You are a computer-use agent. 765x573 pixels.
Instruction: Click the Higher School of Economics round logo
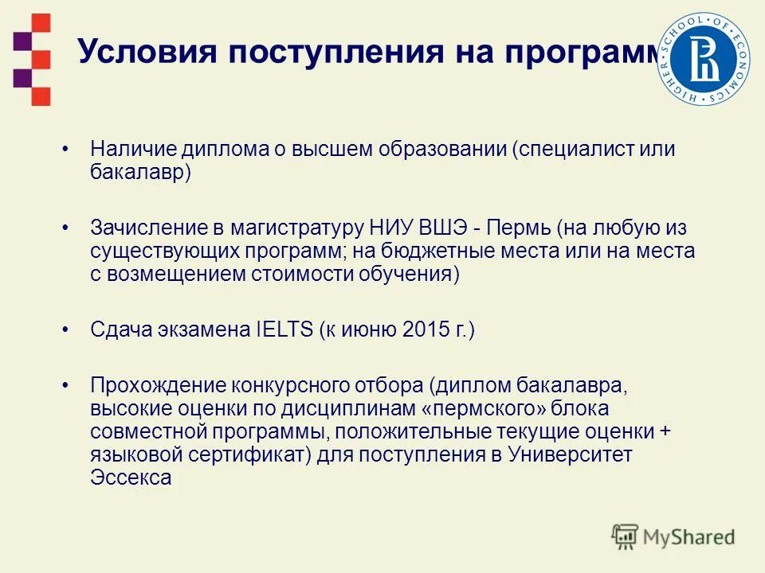pyautogui.click(x=703, y=60)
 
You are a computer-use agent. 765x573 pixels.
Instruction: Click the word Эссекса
pyautogui.click(x=131, y=477)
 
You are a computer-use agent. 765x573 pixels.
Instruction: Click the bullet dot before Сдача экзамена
pyautogui.click(x=67, y=329)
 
